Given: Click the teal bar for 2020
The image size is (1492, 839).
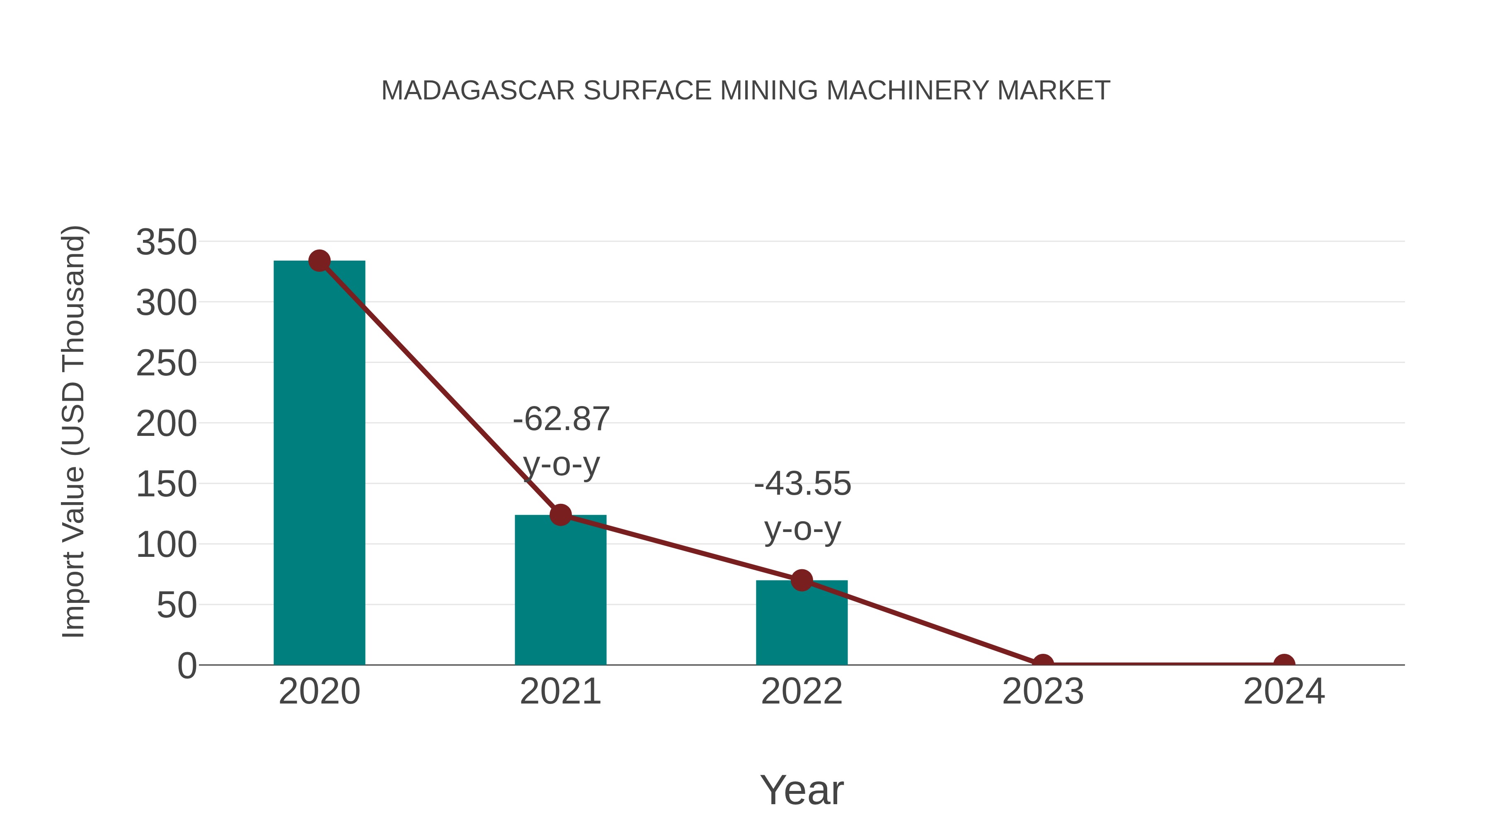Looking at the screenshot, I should [319, 463].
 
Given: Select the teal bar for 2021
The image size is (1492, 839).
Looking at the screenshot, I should [560, 590].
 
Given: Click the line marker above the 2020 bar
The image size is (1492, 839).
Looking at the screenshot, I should [319, 261].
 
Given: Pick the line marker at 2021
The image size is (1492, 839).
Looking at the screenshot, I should [560, 514].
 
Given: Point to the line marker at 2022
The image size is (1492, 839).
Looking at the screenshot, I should [802, 580].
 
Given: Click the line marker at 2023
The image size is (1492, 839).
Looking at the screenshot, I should [1043, 664].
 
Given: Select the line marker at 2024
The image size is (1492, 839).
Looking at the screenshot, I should [1284, 664].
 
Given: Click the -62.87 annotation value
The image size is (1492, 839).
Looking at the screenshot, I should [561, 419].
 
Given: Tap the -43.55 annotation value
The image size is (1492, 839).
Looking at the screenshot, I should [802, 484].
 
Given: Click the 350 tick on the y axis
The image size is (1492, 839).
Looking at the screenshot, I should [166, 242].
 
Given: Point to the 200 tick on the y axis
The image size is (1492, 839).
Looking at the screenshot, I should [166, 424].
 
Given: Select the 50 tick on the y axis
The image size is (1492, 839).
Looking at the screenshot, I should [177, 606].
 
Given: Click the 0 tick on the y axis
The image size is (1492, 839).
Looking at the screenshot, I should [187, 666].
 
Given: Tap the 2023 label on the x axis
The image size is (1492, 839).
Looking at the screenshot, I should [1043, 692].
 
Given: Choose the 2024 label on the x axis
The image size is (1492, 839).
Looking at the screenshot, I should [1284, 692].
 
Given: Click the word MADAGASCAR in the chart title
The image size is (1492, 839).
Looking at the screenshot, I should [478, 91].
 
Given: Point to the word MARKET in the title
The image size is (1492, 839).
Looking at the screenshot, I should [1053, 91].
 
